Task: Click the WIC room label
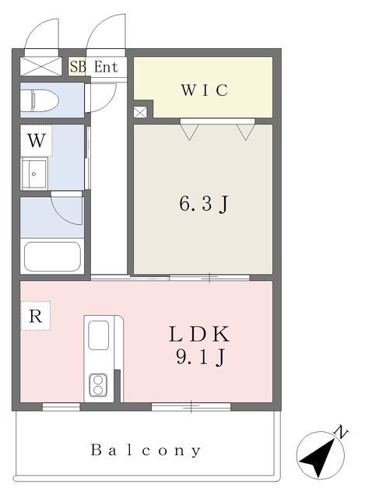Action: click(x=205, y=90)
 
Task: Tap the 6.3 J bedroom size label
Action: click(x=203, y=204)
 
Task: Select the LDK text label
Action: click(x=199, y=334)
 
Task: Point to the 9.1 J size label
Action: click(x=201, y=357)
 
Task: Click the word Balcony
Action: click(x=146, y=451)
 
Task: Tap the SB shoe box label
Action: click(x=78, y=67)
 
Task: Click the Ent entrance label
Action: click(x=106, y=67)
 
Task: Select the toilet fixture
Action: click(x=40, y=100)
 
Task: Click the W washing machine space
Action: click(x=37, y=140)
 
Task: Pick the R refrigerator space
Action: click(x=35, y=316)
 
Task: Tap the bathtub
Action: click(x=52, y=257)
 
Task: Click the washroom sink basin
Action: click(x=34, y=174)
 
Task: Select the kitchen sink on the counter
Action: click(x=99, y=335)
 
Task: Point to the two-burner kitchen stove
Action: click(x=98, y=385)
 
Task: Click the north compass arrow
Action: click(x=318, y=458)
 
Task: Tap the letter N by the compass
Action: click(x=341, y=432)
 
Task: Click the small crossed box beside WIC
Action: click(x=140, y=112)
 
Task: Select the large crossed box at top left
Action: click(x=41, y=66)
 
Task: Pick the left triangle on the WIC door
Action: click(x=189, y=132)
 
